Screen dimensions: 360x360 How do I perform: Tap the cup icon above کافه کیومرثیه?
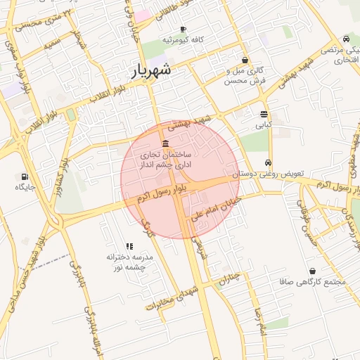click(183, 30)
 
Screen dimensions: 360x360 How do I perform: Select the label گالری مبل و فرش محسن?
click(244, 76)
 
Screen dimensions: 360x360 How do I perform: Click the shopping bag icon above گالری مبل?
click(244, 60)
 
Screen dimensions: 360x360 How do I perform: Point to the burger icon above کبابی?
click(263, 114)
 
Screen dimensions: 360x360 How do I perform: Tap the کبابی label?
click(262, 124)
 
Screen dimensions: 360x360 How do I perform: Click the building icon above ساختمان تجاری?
click(165, 143)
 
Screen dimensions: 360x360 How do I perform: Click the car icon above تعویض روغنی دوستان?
click(268, 162)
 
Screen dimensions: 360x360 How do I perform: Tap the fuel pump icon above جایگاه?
click(26, 176)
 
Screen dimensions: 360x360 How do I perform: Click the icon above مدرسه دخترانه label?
click(129, 247)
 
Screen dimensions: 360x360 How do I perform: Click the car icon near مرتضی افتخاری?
click(346, 39)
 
